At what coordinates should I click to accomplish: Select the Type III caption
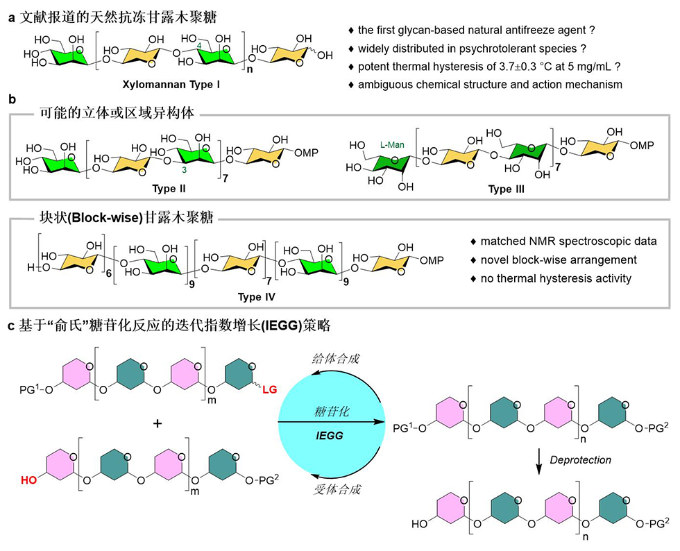point(506,189)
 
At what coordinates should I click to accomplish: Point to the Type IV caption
point(257,296)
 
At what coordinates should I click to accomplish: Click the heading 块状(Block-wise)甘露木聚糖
point(118,220)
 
